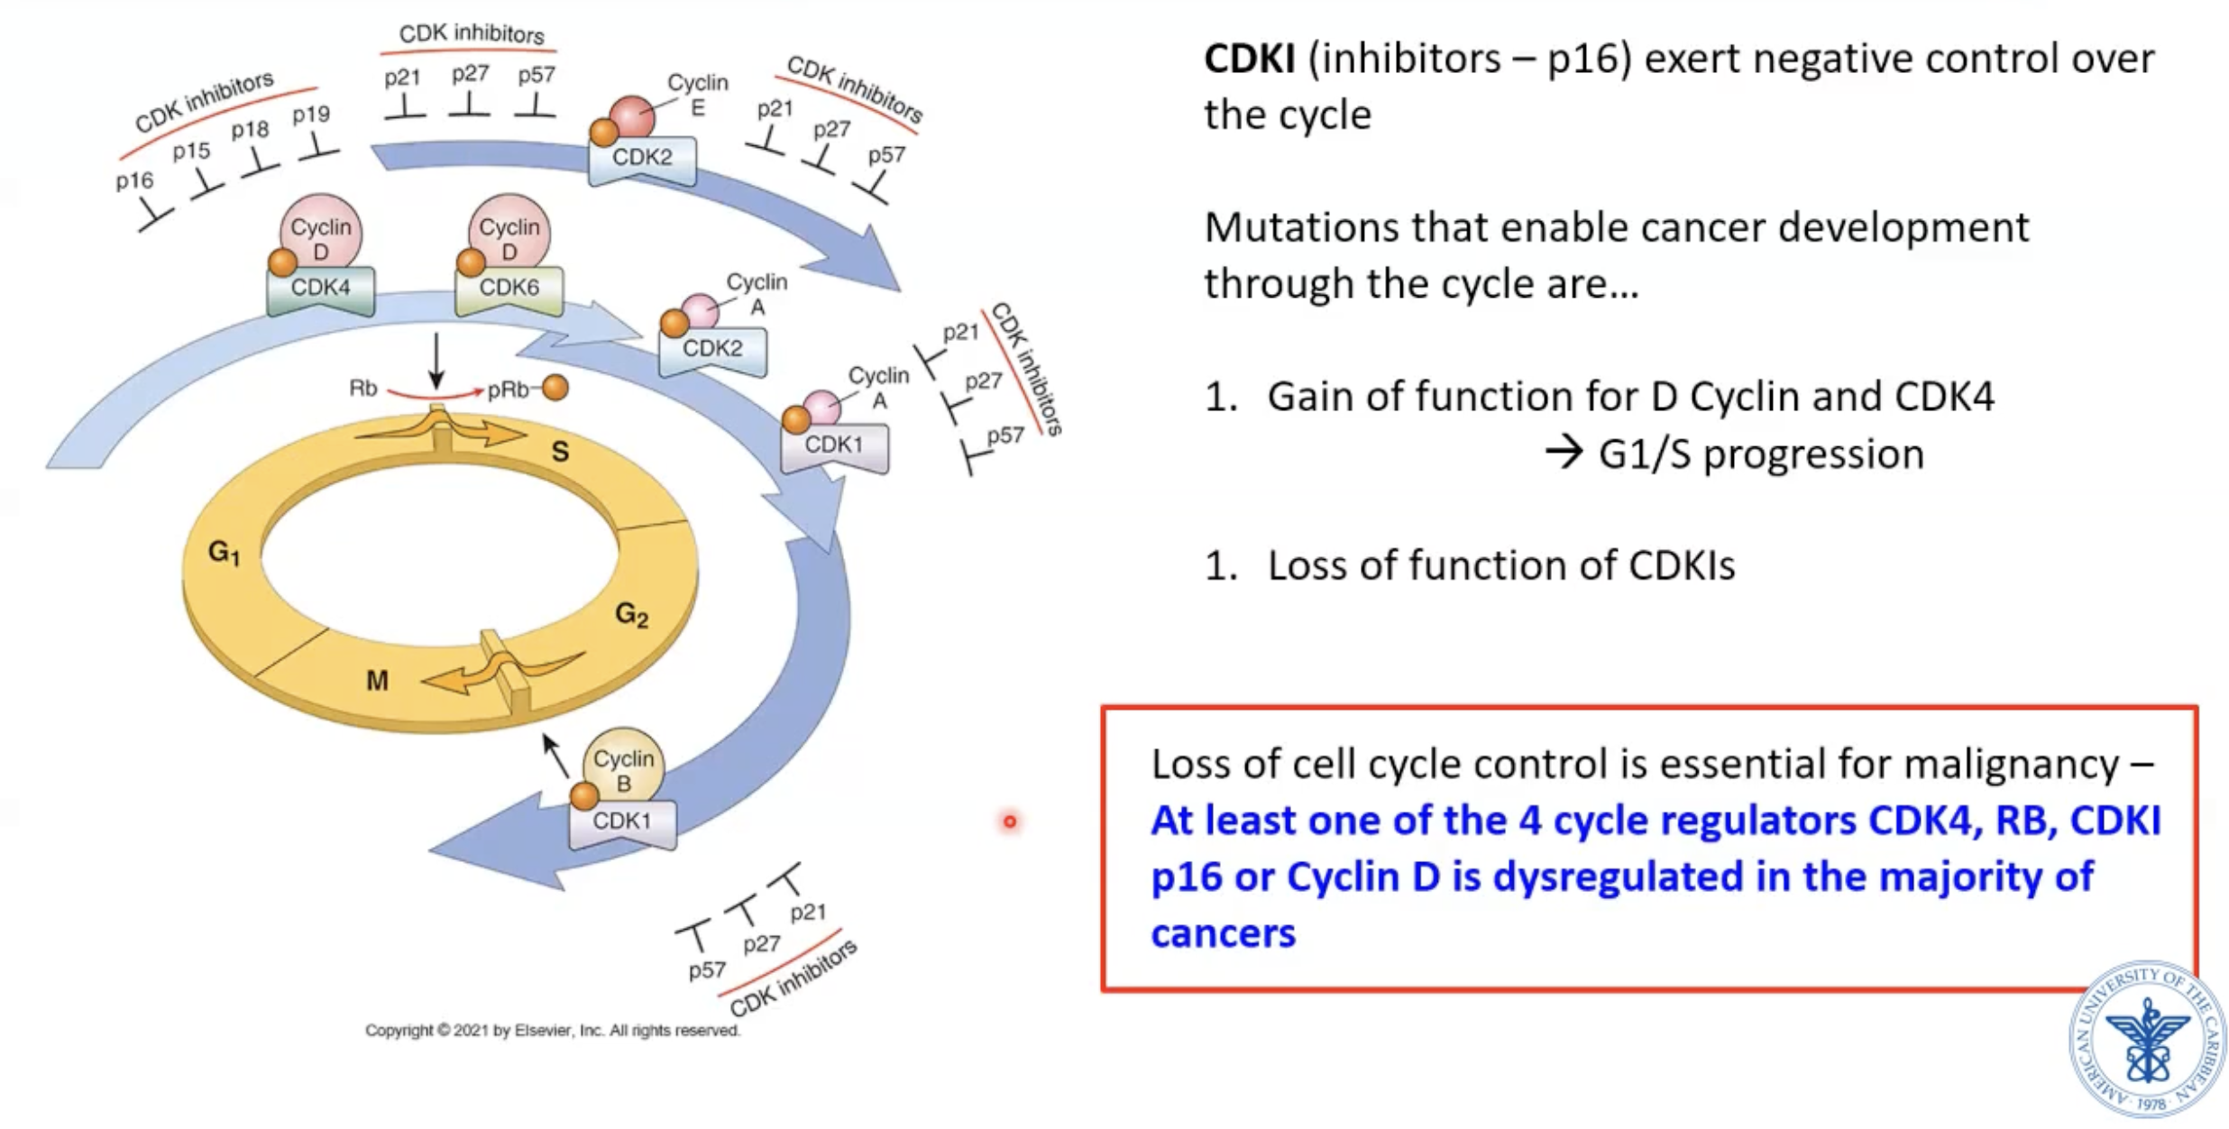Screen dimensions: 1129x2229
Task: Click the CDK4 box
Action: tap(320, 289)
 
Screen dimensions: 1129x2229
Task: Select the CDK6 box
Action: tap(509, 289)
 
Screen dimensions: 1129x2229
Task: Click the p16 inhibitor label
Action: tap(134, 181)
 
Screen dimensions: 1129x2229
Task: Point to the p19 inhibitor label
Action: tap(311, 115)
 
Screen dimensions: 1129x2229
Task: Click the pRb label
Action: tap(508, 390)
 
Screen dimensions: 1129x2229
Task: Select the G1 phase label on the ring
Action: tap(224, 552)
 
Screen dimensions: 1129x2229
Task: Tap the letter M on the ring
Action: tap(377, 681)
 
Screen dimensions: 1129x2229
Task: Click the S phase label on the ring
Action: tap(560, 452)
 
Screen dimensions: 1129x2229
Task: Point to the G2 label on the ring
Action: tap(631, 615)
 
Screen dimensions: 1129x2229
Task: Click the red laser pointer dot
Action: tap(1009, 822)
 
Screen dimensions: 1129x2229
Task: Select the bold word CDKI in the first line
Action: tap(1249, 60)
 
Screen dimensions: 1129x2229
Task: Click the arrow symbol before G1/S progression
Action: tap(1564, 454)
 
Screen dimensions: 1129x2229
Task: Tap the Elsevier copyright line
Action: tap(552, 1030)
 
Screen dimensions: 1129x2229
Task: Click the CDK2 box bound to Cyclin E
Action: tap(641, 159)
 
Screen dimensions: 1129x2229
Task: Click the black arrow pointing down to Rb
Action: tap(436, 361)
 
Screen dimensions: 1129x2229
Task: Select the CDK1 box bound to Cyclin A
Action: tap(833, 446)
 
